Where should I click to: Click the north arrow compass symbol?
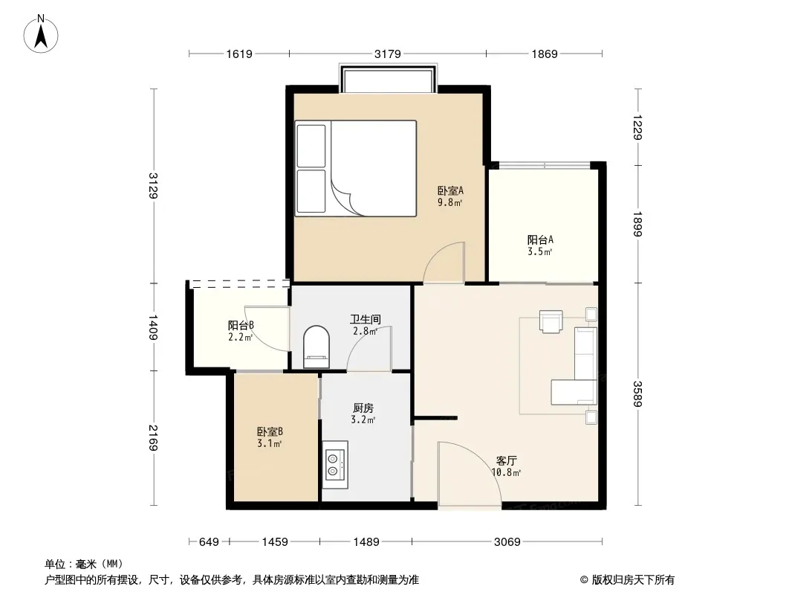pyautogui.click(x=41, y=34)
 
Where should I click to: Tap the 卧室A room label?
pyautogui.click(x=450, y=190)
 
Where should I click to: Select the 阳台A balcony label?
pyautogui.click(x=540, y=239)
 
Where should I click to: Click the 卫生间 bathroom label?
pyautogui.click(x=366, y=320)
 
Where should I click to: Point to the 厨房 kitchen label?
pyautogui.click(x=363, y=408)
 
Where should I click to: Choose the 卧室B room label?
pyautogui.click(x=270, y=431)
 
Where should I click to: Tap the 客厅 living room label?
pyautogui.click(x=506, y=460)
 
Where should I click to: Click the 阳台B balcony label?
pyautogui.click(x=241, y=325)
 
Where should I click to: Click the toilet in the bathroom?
pyautogui.click(x=317, y=347)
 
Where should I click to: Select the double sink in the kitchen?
pyautogui.click(x=335, y=465)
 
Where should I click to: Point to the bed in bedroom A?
pyautogui.click(x=356, y=168)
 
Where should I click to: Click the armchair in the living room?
pyautogui.click(x=551, y=321)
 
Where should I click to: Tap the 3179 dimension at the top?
pyautogui.click(x=387, y=54)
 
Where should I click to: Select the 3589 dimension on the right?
pyautogui.click(x=637, y=393)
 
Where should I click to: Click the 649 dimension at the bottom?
pyautogui.click(x=209, y=542)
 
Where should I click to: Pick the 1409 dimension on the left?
pyautogui.click(x=153, y=327)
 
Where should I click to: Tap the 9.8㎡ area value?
pyautogui.click(x=449, y=203)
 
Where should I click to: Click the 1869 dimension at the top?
pyautogui.click(x=545, y=54)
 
